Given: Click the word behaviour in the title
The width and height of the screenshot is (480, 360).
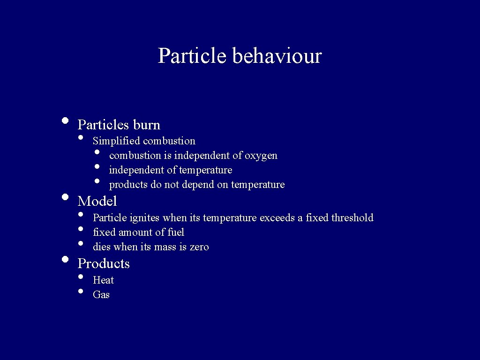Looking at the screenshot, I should (x=277, y=56).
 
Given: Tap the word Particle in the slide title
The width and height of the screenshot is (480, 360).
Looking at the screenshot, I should (x=192, y=56).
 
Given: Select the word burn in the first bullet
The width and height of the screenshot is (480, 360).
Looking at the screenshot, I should (x=147, y=125).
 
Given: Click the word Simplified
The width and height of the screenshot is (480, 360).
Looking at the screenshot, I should (x=117, y=141).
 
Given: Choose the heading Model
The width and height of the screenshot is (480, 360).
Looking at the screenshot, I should (x=97, y=201).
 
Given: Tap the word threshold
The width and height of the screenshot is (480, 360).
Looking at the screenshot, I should (x=352, y=217).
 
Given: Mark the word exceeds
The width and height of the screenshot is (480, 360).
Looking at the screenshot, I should (x=277, y=217).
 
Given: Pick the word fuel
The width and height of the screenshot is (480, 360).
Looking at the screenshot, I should (x=176, y=232).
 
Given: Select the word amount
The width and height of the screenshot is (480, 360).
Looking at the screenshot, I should (x=136, y=232).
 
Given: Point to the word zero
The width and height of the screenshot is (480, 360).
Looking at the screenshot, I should (x=199, y=247).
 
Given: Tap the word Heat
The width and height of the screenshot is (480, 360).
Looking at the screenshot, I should (x=103, y=280).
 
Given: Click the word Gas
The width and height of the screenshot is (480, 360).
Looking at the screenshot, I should (x=101, y=295).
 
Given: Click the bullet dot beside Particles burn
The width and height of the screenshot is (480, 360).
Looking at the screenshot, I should (x=65, y=120).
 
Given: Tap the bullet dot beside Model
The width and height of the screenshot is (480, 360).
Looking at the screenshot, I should (x=65, y=197).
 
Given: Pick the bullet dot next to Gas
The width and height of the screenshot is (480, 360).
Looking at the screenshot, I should (x=81, y=292).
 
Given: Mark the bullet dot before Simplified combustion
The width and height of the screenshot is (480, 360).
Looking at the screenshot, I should (x=81, y=137).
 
